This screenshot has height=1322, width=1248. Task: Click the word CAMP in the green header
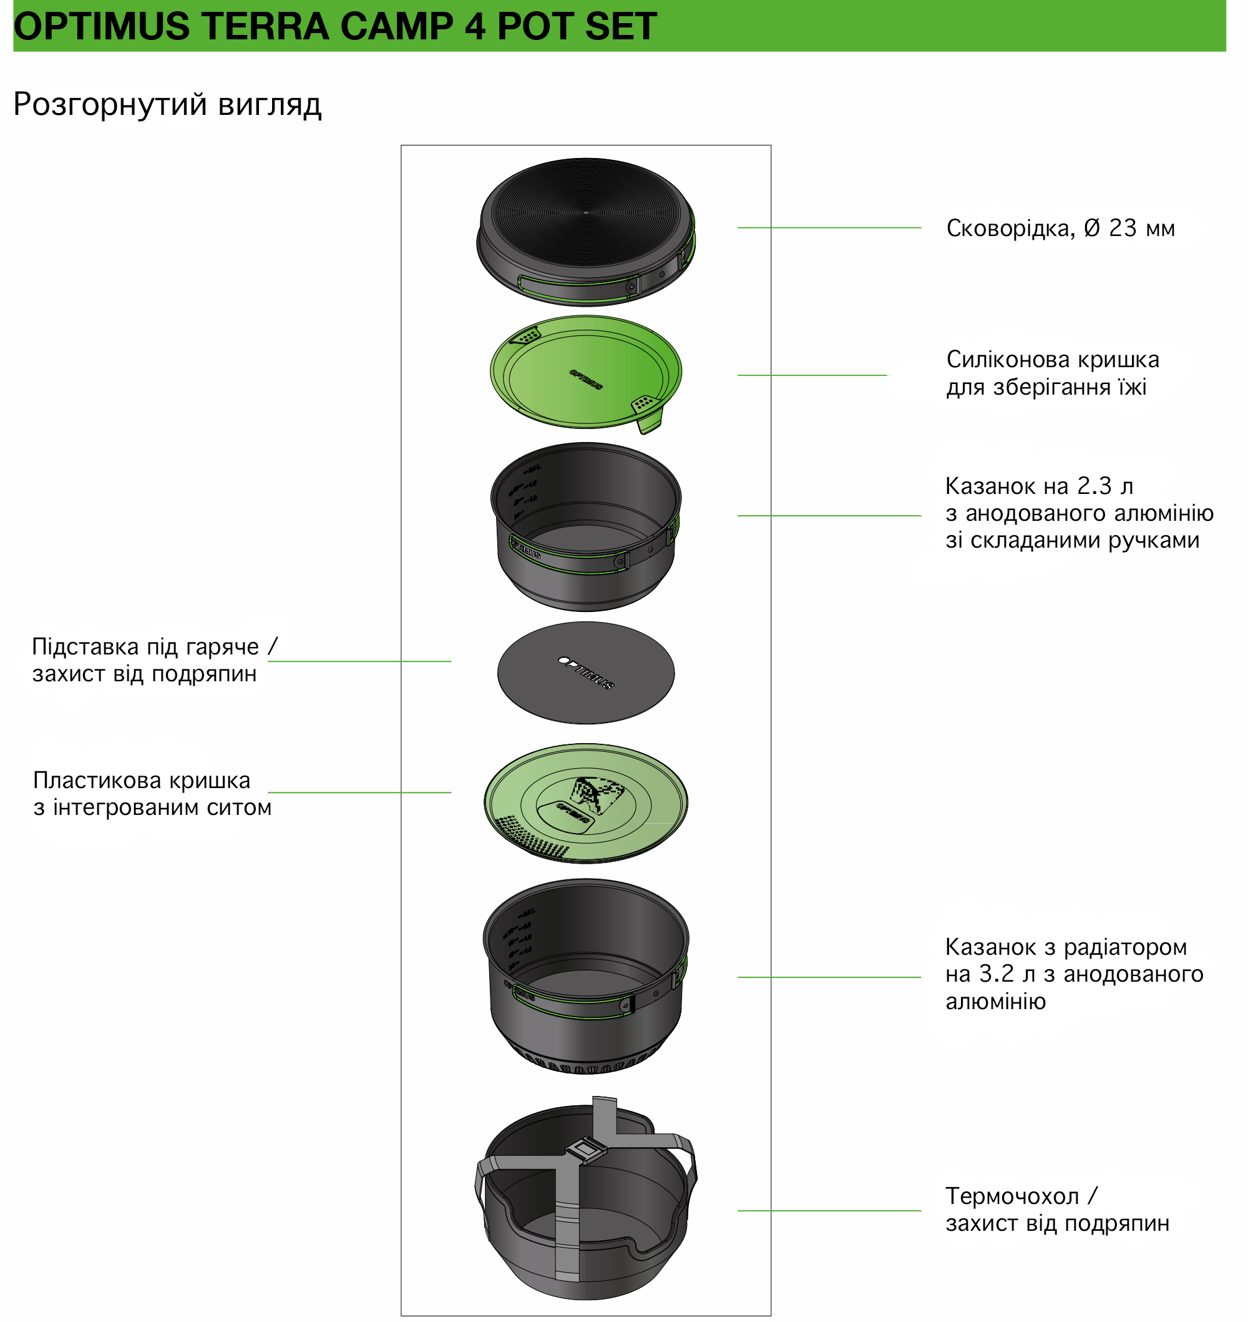click(x=396, y=27)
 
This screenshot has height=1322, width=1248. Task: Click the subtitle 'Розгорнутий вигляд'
click(x=168, y=105)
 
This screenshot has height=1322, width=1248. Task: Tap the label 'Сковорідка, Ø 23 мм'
click(x=1060, y=229)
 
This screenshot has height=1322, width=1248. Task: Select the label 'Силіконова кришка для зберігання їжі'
click(x=1053, y=373)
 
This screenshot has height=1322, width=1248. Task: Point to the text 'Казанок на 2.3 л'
click(x=1039, y=486)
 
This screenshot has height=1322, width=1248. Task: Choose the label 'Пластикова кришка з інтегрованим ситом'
click(x=152, y=794)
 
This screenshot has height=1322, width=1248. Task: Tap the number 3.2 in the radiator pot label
click(x=997, y=974)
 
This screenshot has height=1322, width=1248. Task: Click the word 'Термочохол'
click(x=1013, y=1196)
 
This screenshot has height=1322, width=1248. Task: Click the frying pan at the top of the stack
click(x=586, y=232)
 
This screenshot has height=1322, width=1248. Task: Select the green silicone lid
click(x=586, y=373)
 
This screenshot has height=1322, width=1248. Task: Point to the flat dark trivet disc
click(x=586, y=673)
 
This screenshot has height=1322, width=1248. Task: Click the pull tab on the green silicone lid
click(x=650, y=415)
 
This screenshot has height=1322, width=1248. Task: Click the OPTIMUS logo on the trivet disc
click(x=586, y=673)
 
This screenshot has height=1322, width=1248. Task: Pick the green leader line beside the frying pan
click(x=829, y=228)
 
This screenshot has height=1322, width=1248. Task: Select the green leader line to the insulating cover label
click(x=829, y=1210)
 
